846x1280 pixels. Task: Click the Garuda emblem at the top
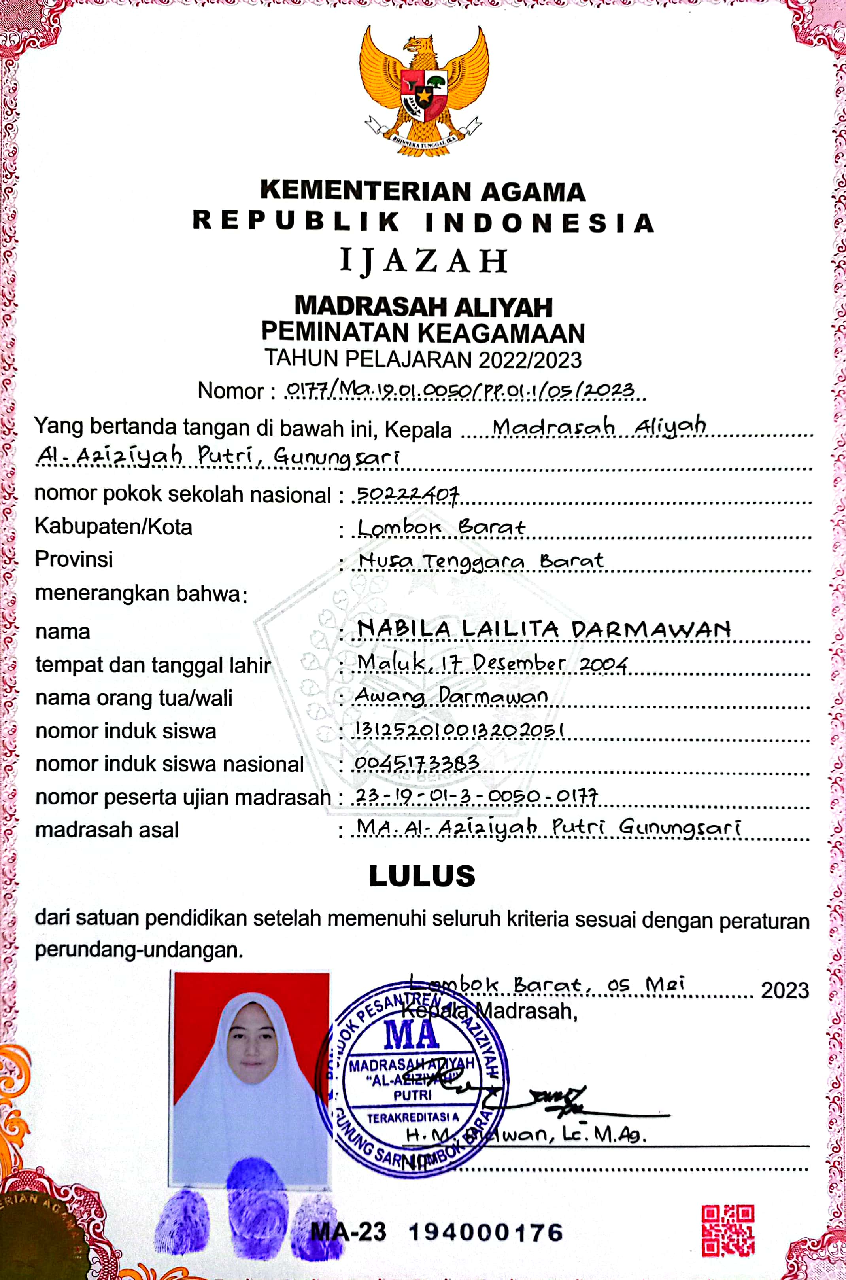pyautogui.click(x=424, y=92)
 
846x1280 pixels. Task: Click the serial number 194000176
pyautogui.click(x=485, y=1231)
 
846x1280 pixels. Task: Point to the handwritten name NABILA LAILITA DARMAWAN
pyautogui.click(x=544, y=629)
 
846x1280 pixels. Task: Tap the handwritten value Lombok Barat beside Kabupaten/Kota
pyautogui.click(x=441, y=527)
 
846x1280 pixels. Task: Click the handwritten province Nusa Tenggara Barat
pyautogui.click(x=481, y=561)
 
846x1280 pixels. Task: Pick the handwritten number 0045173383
pyautogui.click(x=417, y=762)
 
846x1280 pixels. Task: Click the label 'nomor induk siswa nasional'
pyautogui.click(x=170, y=765)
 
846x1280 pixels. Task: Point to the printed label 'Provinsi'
pyautogui.click(x=74, y=559)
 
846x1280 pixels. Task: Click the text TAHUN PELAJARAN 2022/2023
pyautogui.click(x=423, y=360)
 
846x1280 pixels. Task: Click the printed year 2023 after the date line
pyautogui.click(x=784, y=990)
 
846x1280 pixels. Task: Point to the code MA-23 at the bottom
pyautogui.click(x=349, y=1231)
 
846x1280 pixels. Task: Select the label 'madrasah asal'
pyautogui.click(x=107, y=830)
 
